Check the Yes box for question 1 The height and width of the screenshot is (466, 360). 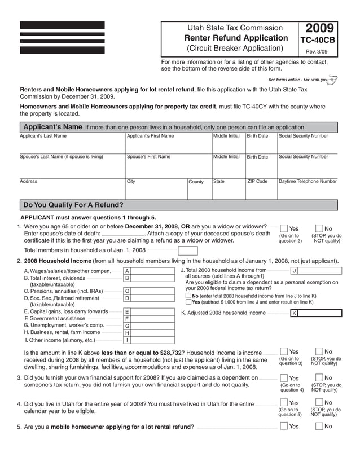284,228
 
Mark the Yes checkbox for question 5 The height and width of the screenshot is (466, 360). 284,426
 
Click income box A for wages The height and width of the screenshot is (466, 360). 149,271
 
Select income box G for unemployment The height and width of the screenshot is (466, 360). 149,326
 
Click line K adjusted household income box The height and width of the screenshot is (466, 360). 315,313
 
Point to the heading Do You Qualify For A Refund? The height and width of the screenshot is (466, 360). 72,205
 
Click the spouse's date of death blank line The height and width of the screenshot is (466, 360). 123,233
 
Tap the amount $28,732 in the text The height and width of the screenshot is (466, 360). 171,353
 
